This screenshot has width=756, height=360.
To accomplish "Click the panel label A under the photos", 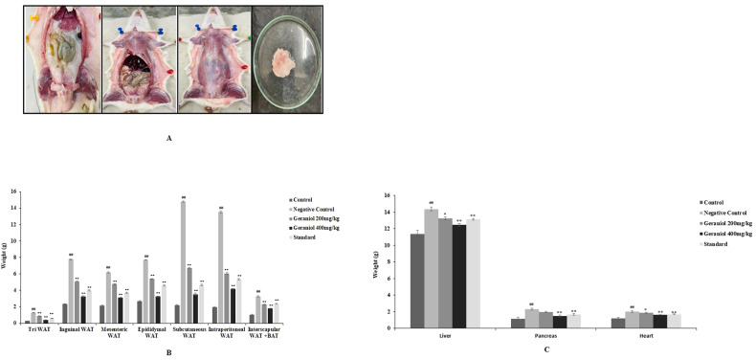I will [169, 138].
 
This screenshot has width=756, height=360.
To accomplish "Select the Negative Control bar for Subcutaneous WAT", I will [183, 261].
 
